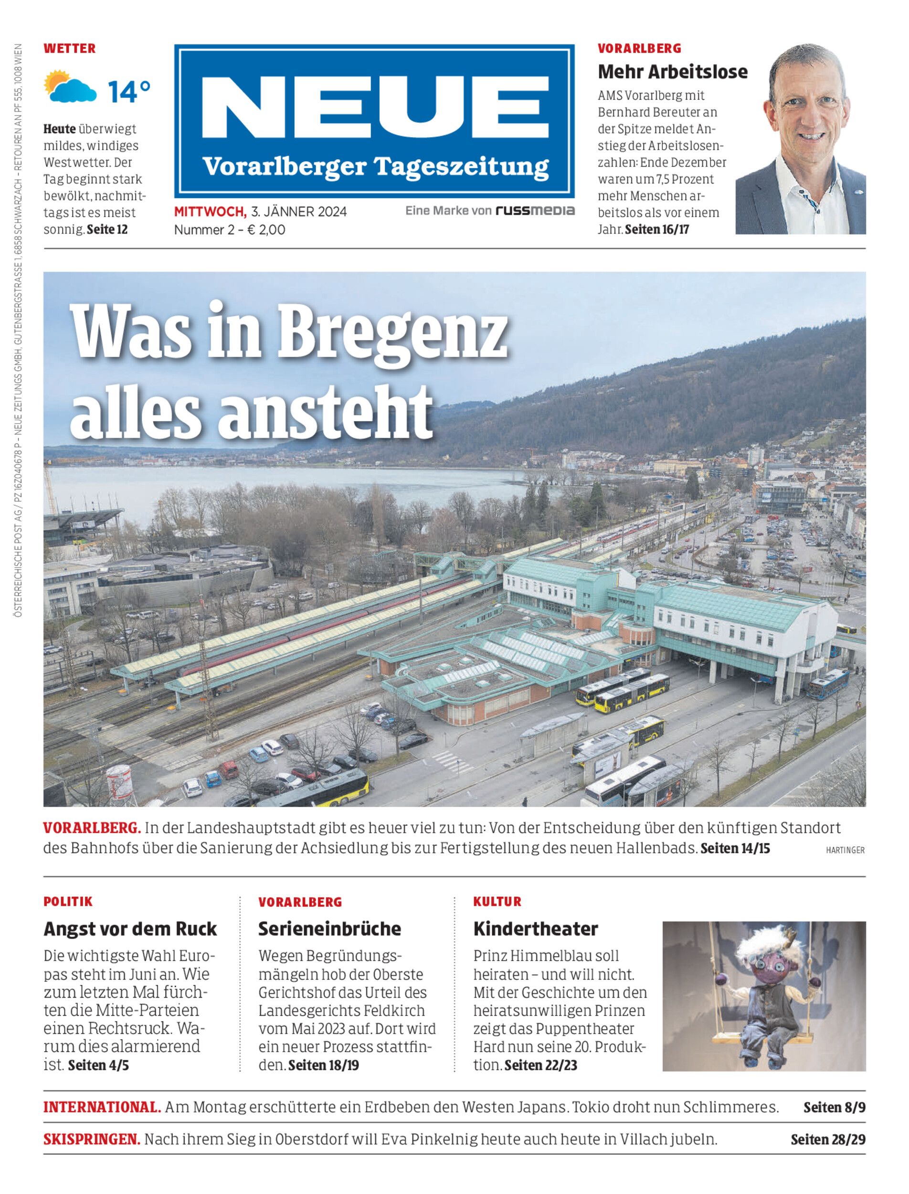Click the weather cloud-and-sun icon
[70, 86]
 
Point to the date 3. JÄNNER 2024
[299, 212]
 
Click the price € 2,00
[266, 230]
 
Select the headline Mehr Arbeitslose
[672, 72]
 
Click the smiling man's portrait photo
[800, 139]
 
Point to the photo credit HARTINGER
[845, 850]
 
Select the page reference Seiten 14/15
[735, 848]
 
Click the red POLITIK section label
[68, 902]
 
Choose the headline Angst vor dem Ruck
[130, 929]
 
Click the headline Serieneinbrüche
[329, 929]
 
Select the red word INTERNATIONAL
[102, 1107]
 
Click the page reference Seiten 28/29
[827, 1140]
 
